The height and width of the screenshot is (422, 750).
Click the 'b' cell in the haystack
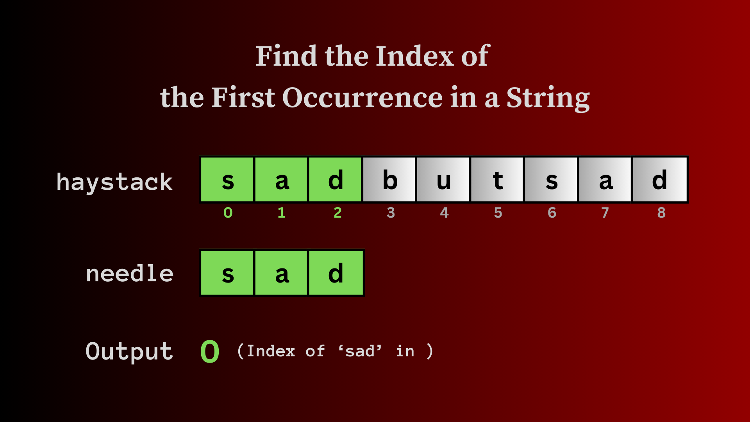(x=389, y=179)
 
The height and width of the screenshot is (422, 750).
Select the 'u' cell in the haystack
(x=443, y=179)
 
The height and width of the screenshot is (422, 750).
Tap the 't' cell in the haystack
(x=497, y=179)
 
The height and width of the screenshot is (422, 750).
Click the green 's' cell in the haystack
(x=227, y=179)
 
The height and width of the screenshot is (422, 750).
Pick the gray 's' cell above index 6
(x=551, y=179)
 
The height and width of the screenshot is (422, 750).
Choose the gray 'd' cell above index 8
(x=659, y=179)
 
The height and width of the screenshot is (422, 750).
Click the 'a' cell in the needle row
(x=281, y=273)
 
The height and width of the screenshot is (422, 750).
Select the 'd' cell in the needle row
(x=336, y=273)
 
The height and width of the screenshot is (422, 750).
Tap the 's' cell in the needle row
(x=227, y=273)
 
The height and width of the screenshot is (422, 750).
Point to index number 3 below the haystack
(x=391, y=213)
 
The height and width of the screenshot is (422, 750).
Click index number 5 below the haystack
(x=498, y=213)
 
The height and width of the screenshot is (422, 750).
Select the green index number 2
(x=338, y=213)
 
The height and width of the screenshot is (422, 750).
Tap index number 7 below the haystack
(x=605, y=213)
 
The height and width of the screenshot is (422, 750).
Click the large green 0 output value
(x=210, y=351)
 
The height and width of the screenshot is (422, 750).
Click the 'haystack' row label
(x=114, y=182)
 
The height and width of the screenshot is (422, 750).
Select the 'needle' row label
(x=130, y=273)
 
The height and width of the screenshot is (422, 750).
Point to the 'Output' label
(x=129, y=351)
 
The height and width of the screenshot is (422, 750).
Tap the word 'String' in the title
(x=548, y=98)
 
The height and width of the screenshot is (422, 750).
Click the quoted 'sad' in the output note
(x=360, y=351)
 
